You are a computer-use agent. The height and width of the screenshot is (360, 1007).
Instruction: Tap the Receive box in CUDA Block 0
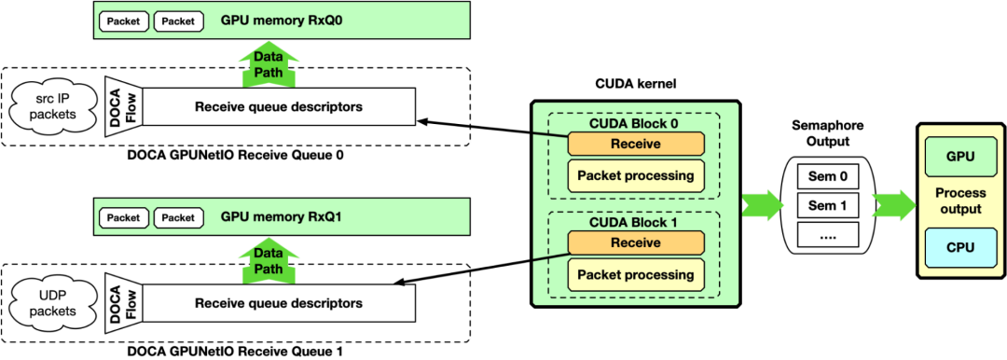[x=635, y=144]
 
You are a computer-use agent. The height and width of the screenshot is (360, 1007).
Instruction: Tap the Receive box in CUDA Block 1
[x=635, y=242]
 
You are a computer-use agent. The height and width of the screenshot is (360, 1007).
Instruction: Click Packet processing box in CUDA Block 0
[x=635, y=175]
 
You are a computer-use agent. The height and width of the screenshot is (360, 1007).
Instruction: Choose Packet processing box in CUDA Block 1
[x=635, y=274]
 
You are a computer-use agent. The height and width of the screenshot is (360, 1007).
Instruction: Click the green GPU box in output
[x=960, y=157]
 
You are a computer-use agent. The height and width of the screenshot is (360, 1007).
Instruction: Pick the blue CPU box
[x=960, y=247]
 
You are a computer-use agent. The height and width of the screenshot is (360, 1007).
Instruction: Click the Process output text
[x=960, y=201]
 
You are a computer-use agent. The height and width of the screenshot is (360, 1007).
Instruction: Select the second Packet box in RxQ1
[x=177, y=217]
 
